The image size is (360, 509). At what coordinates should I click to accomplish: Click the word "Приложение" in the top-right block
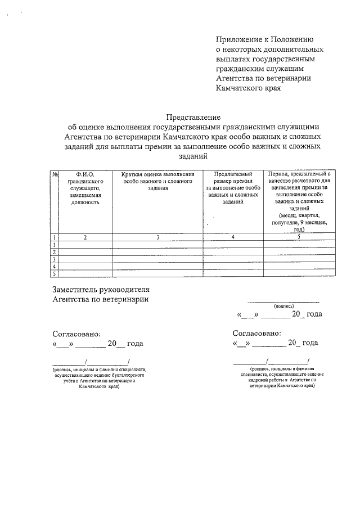coord(240,39)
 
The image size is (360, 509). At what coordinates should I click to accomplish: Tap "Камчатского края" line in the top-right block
coord(248,88)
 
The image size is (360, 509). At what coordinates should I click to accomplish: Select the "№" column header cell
coord(55,174)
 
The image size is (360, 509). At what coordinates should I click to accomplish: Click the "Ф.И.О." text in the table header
coord(84,174)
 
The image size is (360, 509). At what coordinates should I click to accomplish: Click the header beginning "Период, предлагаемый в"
coord(299,174)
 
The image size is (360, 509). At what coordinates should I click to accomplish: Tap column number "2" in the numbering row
coord(85,237)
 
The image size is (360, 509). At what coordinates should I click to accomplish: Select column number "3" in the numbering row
coord(158,237)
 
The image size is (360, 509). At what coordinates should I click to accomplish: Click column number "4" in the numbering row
coord(233,237)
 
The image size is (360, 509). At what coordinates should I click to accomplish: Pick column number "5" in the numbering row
coord(299,237)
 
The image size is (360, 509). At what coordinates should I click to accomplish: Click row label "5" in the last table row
coord(55,274)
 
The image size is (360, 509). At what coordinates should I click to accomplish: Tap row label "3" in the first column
coord(55,259)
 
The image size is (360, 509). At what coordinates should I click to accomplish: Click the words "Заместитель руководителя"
coord(101,290)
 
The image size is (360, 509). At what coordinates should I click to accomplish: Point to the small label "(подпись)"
coord(283,307)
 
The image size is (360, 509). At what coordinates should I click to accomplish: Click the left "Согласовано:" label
coord(76,333)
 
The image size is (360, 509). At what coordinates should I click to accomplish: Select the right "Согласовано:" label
coord(256,333)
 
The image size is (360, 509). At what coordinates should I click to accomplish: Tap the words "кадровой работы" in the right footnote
coord(258,380)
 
